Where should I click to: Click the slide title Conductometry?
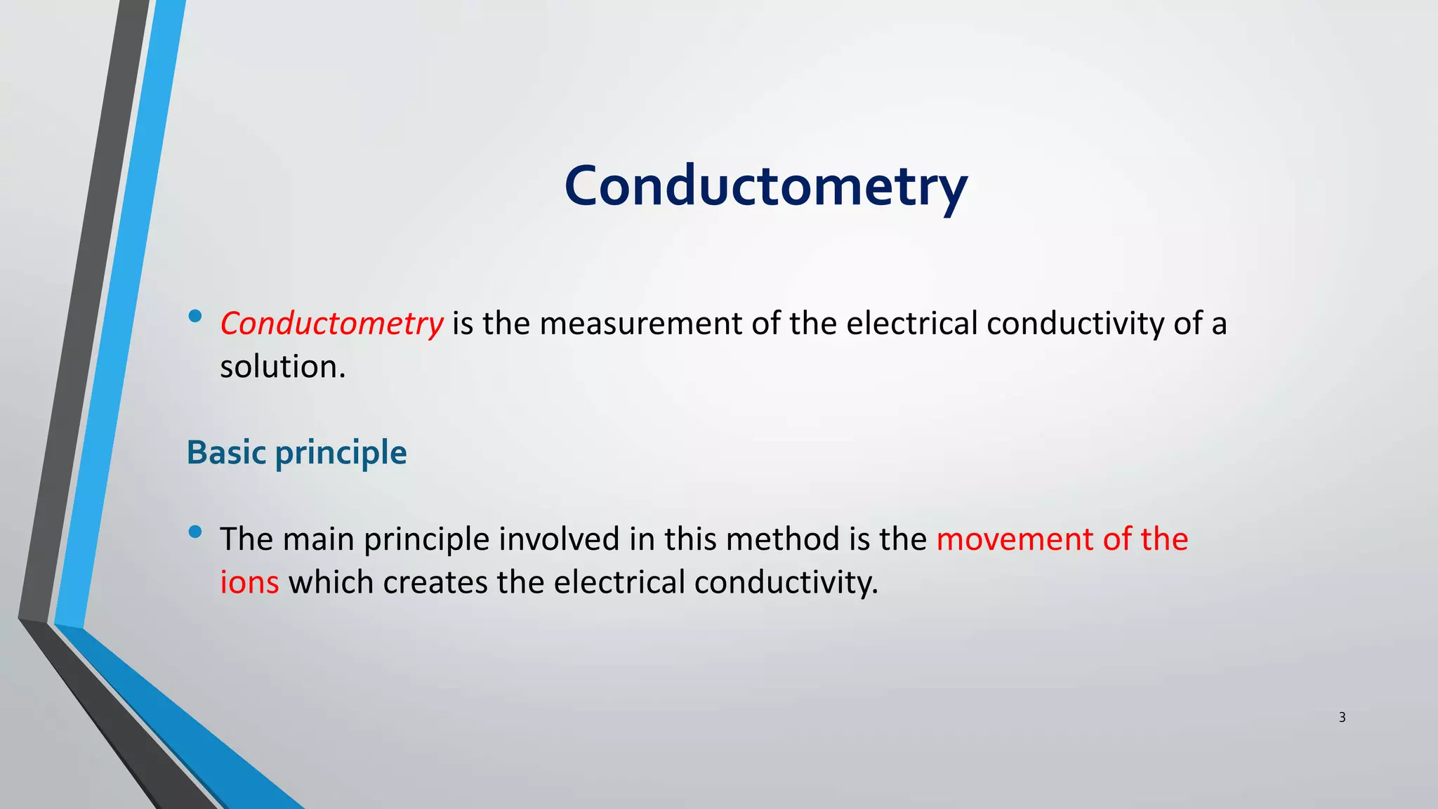pos(765,186)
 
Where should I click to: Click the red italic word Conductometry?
pos(331,324)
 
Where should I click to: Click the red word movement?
pos(1014,539)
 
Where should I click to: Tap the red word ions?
pos(249,582)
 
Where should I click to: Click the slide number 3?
pos(1342,717)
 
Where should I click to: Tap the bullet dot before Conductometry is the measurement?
pos(195,317)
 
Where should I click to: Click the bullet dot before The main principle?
pos(195,532)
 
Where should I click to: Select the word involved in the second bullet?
pos(559,539)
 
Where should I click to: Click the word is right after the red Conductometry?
pos(462,324)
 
